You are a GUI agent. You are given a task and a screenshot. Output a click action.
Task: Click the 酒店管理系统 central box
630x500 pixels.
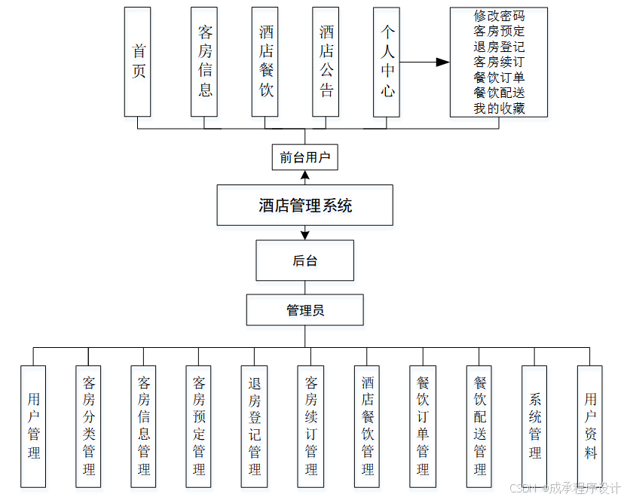click(x=305, y=205)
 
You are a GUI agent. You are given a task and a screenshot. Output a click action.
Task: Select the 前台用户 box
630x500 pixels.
click(x=304, y=158)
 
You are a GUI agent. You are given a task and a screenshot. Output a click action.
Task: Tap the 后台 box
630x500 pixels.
click(x=304, y=261)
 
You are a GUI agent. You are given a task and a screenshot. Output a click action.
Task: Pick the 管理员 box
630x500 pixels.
click(x=304, y=309)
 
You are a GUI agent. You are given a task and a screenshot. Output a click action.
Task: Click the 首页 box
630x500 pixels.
click(x=138, y=62)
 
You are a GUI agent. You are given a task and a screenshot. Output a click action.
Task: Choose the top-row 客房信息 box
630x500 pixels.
click(x=204, y=62)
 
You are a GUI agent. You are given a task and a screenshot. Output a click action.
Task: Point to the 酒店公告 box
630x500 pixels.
click(x=326, y=62)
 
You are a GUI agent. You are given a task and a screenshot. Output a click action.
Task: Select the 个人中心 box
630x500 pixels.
click(x=387, y=62)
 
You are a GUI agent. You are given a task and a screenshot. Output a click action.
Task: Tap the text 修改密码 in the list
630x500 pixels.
click(x=499, y=16)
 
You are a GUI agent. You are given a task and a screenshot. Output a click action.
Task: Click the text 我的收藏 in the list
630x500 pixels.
click(x=499, y=108)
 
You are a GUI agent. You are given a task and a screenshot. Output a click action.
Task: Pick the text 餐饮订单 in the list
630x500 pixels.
click(x=499, y=78)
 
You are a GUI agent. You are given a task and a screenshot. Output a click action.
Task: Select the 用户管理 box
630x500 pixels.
click(x=33, y=426)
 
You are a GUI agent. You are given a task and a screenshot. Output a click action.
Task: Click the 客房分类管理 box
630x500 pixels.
click(x=88, y=426)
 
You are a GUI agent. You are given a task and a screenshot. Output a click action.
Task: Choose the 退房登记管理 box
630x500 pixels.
click(x=254, y=426)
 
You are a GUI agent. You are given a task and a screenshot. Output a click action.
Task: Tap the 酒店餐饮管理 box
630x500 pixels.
click(x=367, y=426)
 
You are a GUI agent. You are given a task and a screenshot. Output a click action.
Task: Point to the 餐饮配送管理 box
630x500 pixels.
click(x=479, y=426)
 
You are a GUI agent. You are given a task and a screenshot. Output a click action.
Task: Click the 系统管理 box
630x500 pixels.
click(x=534, y=426)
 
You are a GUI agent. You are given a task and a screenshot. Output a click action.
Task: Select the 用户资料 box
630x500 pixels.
click(x=590, y=426)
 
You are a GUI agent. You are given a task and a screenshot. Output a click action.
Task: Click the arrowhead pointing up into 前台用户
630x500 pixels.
click(x=304, y=175)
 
